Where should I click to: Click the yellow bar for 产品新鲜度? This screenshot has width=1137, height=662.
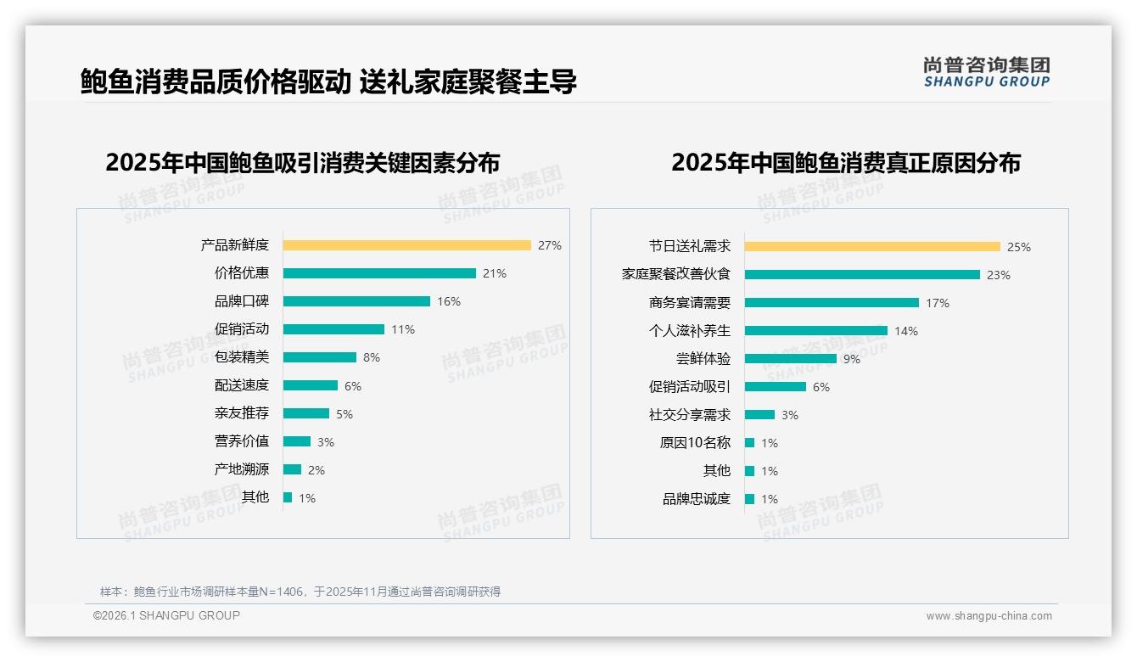[406, 245]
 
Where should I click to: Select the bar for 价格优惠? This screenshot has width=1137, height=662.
[379, 273]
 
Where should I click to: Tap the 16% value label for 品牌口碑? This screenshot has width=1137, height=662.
[449, 301]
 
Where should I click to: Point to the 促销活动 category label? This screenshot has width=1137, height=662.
[242, 329]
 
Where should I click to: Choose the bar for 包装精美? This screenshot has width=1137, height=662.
[319, 357]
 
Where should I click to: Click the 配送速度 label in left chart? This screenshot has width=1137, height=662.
[242, 385]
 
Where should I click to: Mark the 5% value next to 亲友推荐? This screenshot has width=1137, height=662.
[344, 414]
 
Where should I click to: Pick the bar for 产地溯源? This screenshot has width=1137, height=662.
[292, 469]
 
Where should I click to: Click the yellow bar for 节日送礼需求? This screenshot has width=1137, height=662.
[872, 247]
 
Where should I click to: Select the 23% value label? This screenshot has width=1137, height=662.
[998, 275]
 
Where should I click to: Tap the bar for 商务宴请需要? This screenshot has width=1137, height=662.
[832, 303]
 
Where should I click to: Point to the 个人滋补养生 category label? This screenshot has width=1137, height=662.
[690, 331]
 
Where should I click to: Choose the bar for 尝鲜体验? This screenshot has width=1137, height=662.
[790, 359]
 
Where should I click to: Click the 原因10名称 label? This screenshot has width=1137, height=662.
[695, 443]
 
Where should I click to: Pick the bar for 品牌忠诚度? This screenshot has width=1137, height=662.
[749, 499]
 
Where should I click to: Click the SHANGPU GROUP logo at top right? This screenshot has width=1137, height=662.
[986, 72]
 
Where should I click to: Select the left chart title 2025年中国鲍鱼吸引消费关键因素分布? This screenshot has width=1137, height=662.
[303, 162]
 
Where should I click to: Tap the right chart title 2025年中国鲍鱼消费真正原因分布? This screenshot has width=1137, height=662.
[845, 162]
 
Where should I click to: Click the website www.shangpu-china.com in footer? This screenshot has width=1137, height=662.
[989, 616]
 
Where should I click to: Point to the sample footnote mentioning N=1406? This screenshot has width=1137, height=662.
[300, 592]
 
